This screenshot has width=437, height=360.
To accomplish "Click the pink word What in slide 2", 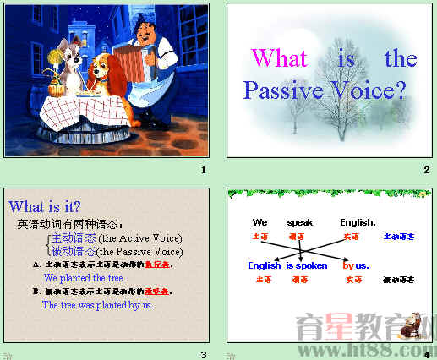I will (279, 58).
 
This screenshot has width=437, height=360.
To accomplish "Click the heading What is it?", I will (45, 207).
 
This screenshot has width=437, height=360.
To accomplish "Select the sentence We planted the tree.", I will (85, 277).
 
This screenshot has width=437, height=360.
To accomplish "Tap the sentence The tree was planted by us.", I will (97, 304).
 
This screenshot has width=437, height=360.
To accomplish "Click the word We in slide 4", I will (259, 222).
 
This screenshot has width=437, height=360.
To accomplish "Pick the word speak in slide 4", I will (299, 222).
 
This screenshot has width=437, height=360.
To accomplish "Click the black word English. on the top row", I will (358, 222).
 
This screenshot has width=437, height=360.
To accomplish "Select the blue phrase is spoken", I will (307, 265).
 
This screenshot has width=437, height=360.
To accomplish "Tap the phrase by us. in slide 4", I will (356, 265).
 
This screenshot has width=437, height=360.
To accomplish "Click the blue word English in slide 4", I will (265, 265).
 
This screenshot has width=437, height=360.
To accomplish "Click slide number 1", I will (203, 171).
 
